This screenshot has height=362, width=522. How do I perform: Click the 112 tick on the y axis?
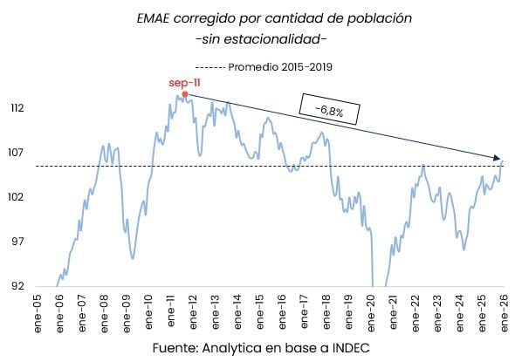(x=17, y=108)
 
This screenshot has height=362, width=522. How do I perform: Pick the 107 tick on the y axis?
(x=17, y=153)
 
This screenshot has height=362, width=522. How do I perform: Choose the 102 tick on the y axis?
(x=17, y=197)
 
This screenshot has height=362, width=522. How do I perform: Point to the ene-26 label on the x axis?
(x=505, y=312)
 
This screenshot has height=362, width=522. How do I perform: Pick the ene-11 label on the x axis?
(x=172, y=312)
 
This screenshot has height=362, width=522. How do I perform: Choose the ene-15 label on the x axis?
(x=260, y=312)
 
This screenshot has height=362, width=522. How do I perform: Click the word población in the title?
(x=354, y=17)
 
